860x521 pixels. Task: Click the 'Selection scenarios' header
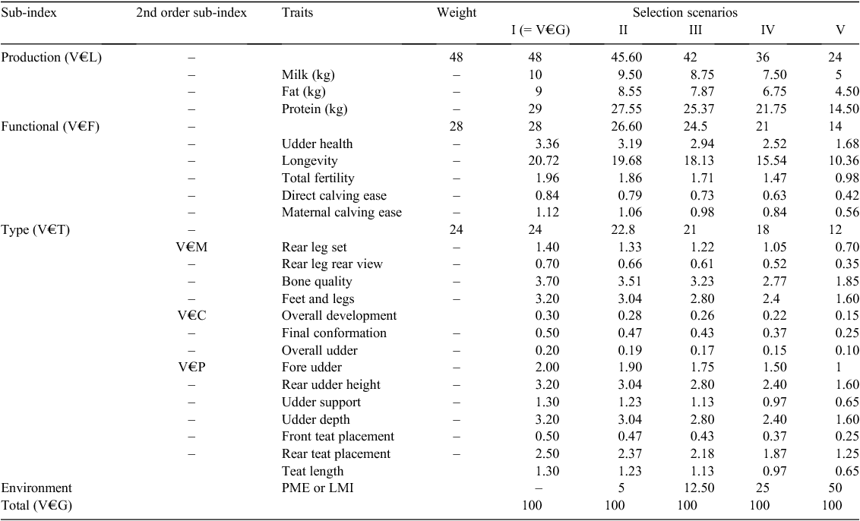click(685, 13)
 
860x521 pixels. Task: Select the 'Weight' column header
click(457, 13)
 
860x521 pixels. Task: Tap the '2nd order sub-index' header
click(191, 13)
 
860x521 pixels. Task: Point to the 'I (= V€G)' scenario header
click(540, 30)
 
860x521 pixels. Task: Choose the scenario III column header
click(695, 30)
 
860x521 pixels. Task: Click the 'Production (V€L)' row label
click(52, 58)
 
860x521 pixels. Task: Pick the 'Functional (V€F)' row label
click(50, 127)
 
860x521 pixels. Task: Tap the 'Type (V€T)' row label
click(36, 230)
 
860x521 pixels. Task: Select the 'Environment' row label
click(36, 488)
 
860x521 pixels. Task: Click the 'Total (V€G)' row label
click(36, 506)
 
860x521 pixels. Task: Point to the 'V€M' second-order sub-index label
click(191, 248)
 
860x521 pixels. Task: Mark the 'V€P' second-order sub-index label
click(191, 368)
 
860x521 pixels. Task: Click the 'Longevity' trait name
click(309, 161)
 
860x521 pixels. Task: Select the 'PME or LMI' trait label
click(318, 488)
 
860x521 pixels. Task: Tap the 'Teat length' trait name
click(313, 471)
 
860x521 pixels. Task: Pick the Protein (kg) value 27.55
click(626, 109)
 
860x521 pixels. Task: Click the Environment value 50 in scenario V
click(836, 488)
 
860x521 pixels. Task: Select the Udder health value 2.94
click(701, 144)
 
